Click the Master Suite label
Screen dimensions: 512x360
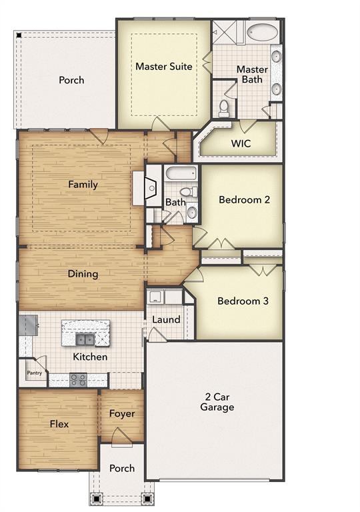click(164, 67)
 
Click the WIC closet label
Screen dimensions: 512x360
click(241, 143)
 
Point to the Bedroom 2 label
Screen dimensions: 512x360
click(244, 199)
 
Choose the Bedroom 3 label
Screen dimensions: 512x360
click(243, 301)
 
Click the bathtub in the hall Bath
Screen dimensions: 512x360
click(181, 175)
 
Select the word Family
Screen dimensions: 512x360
click(83, 185)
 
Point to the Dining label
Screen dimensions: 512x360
click(83, 273)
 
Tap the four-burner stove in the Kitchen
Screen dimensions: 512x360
click(78, 380)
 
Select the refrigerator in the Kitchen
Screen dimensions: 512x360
click(28, 325)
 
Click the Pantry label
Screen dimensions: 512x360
click(34, 374)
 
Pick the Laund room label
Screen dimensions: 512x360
click(166, 319)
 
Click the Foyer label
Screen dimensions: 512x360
click(122, 414)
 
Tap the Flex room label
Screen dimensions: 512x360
click(59, 423)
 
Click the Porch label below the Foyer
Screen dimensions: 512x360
click(121, 468)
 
